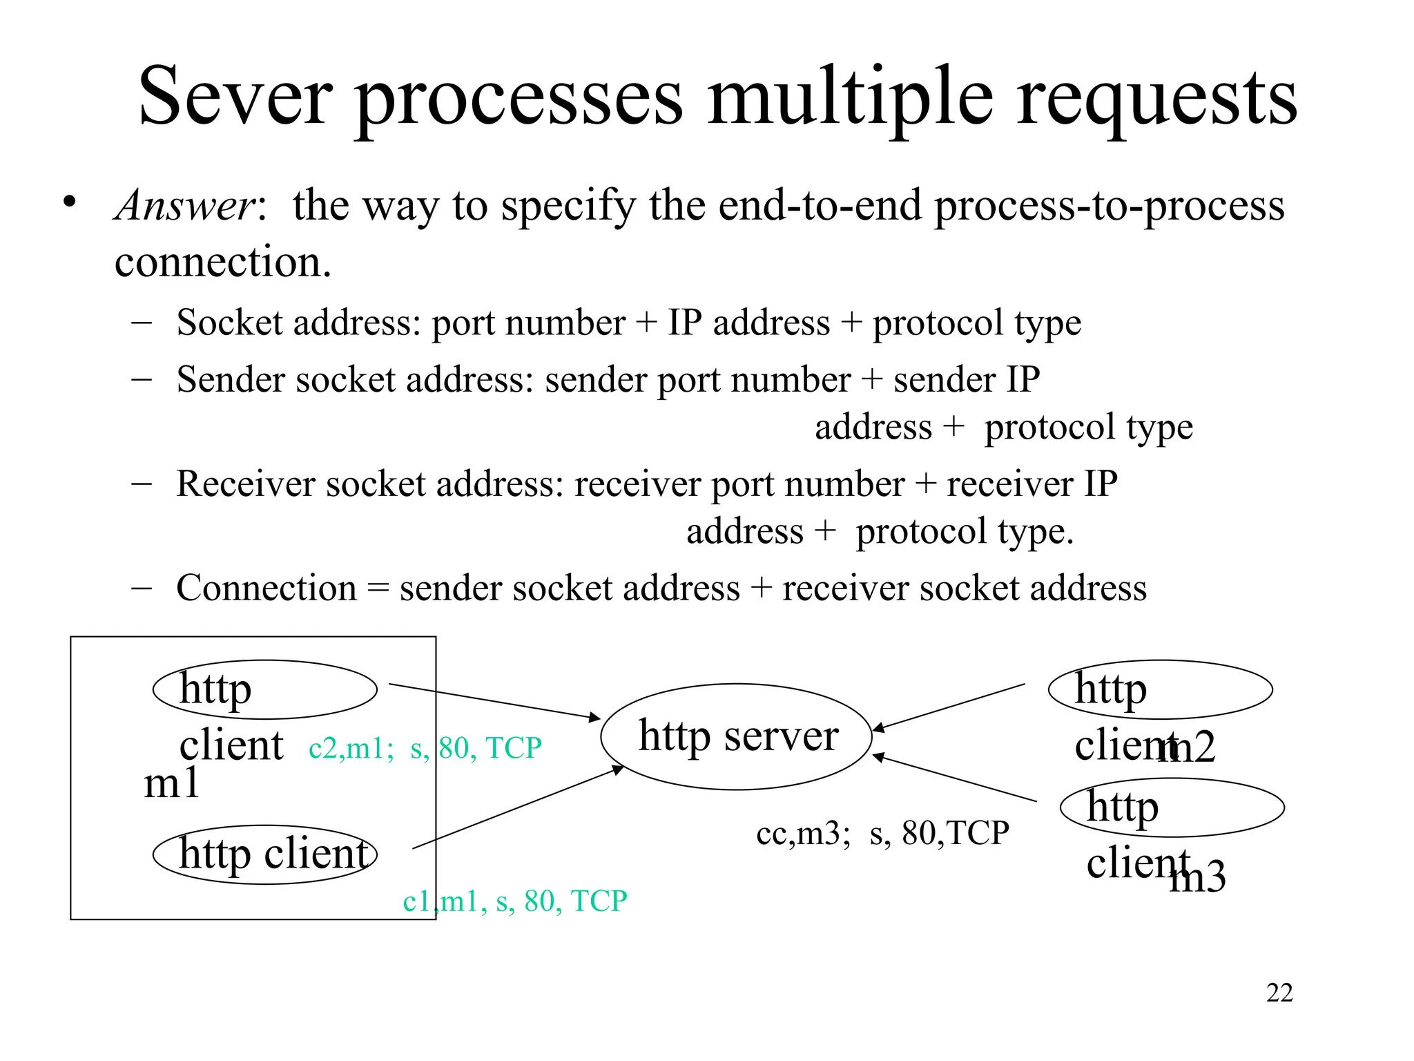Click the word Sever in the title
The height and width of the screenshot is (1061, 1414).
[235, 97]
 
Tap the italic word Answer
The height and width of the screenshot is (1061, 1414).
[185, 206]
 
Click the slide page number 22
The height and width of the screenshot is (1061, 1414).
[1279, 993]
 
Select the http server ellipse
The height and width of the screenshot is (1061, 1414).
[737, 736]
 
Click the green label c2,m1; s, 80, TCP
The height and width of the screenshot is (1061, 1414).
[425, 748]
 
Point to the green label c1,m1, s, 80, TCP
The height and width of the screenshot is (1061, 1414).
[514, 901]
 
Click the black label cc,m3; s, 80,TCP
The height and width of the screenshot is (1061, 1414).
[882, 833]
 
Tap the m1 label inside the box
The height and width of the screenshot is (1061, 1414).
[171, 785]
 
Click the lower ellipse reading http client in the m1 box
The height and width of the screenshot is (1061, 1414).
[265, 854]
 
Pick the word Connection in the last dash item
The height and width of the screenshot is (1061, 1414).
[267, 589]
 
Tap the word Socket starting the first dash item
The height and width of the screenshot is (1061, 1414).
[229, 323]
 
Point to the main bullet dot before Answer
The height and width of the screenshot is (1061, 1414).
[68, 202]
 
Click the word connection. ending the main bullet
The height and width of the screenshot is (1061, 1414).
[222, 262]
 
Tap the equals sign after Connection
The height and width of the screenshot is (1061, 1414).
[378, 589]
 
